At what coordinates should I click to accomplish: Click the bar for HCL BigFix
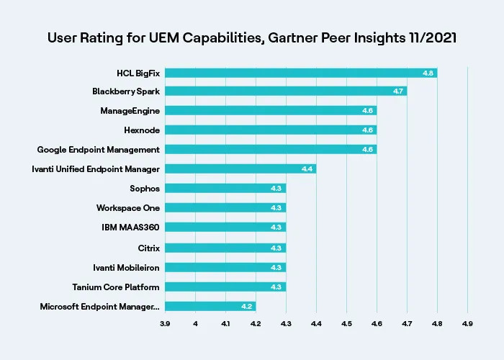pos(301,73)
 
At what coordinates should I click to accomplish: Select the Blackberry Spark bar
pos(286,91)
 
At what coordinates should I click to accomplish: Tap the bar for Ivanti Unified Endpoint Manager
pos(240,168)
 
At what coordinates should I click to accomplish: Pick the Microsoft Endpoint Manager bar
pos(210,306)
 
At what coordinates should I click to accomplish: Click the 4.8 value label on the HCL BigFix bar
pos(428,73)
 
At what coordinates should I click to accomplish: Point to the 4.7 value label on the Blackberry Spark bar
pos(397,91)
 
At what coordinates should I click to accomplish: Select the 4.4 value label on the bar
pos(307,168)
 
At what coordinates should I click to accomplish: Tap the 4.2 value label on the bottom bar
pos(246,306)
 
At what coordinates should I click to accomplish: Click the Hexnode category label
pos(142,130)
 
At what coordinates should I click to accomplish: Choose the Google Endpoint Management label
pos(99,149)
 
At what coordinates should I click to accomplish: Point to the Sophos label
pos(144,188)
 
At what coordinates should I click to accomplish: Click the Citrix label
pos(148,248)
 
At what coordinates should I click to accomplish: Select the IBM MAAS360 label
pos(130,227)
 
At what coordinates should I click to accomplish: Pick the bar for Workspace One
pos(225,207)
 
